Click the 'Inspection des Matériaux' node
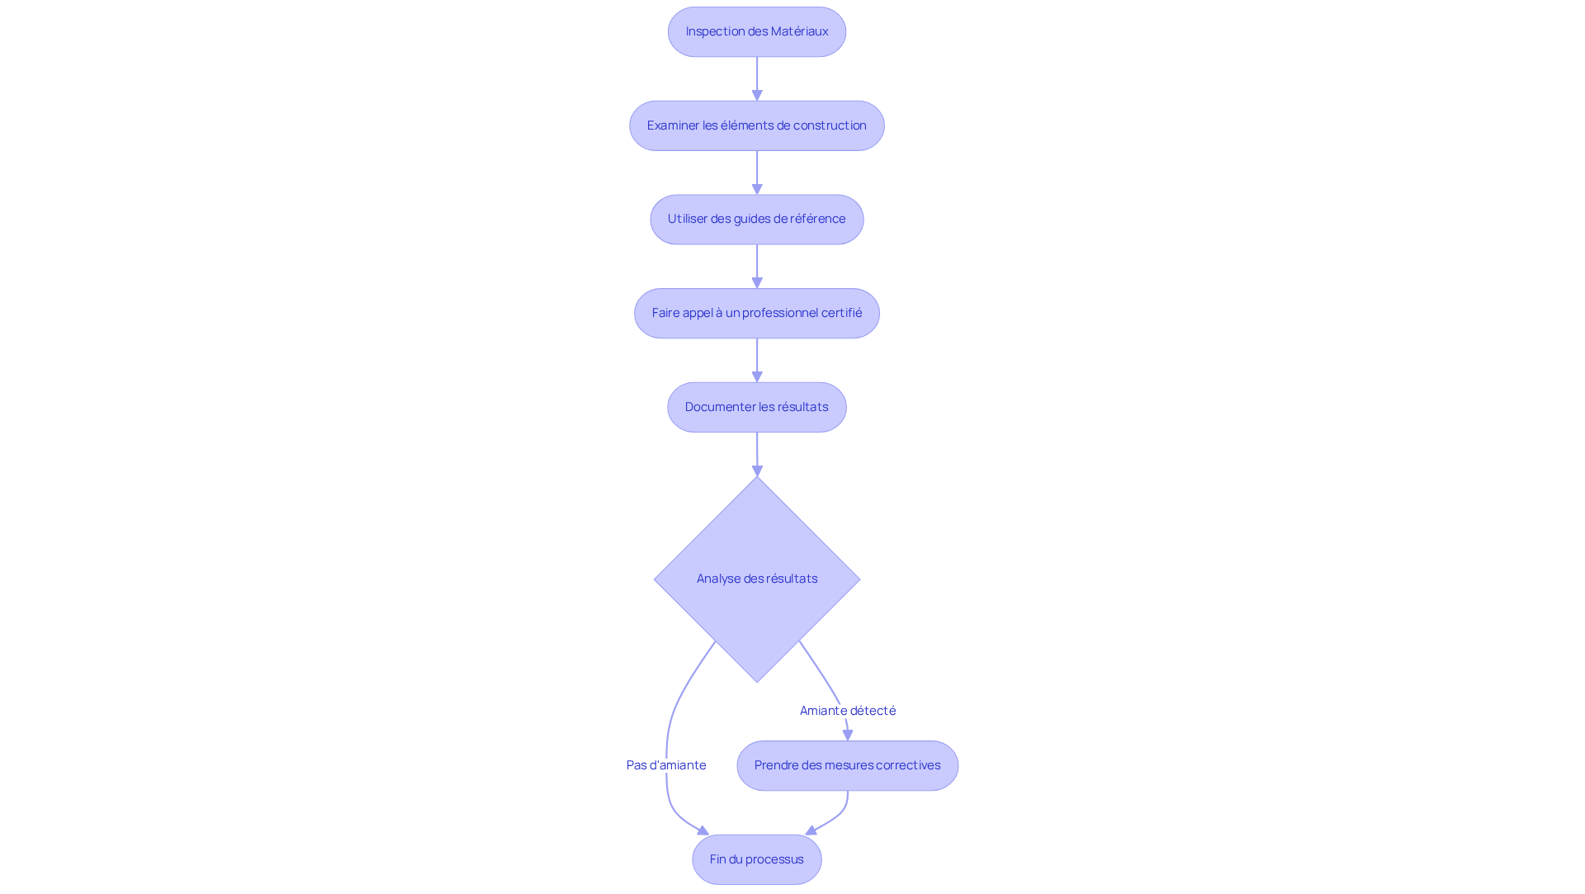click(x=757, y=32)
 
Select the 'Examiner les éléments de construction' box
click(x=757, y=125)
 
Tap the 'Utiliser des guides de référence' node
click(x=757, y=220)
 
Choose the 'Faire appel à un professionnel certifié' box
click(x=757, y=313)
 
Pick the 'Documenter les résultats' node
click(x=757, y=407)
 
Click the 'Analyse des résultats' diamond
click(x=757, y=579)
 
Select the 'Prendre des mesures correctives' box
click(x=848, y=765)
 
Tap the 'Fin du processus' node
click(x=757, y=859)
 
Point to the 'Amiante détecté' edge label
click(x=848, y=711)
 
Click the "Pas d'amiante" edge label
click(x=666, y=765)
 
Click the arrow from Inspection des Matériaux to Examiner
click(x=757, y=79)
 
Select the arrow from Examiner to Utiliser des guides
click(x=757, y=173)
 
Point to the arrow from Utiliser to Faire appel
click(x=757, y=267)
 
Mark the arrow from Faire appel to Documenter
click(x=757, y=360)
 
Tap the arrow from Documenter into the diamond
click(x=757, y=454)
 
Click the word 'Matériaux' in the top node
click(x=800, y=31)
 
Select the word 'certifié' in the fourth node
click(x=841, y=313)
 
